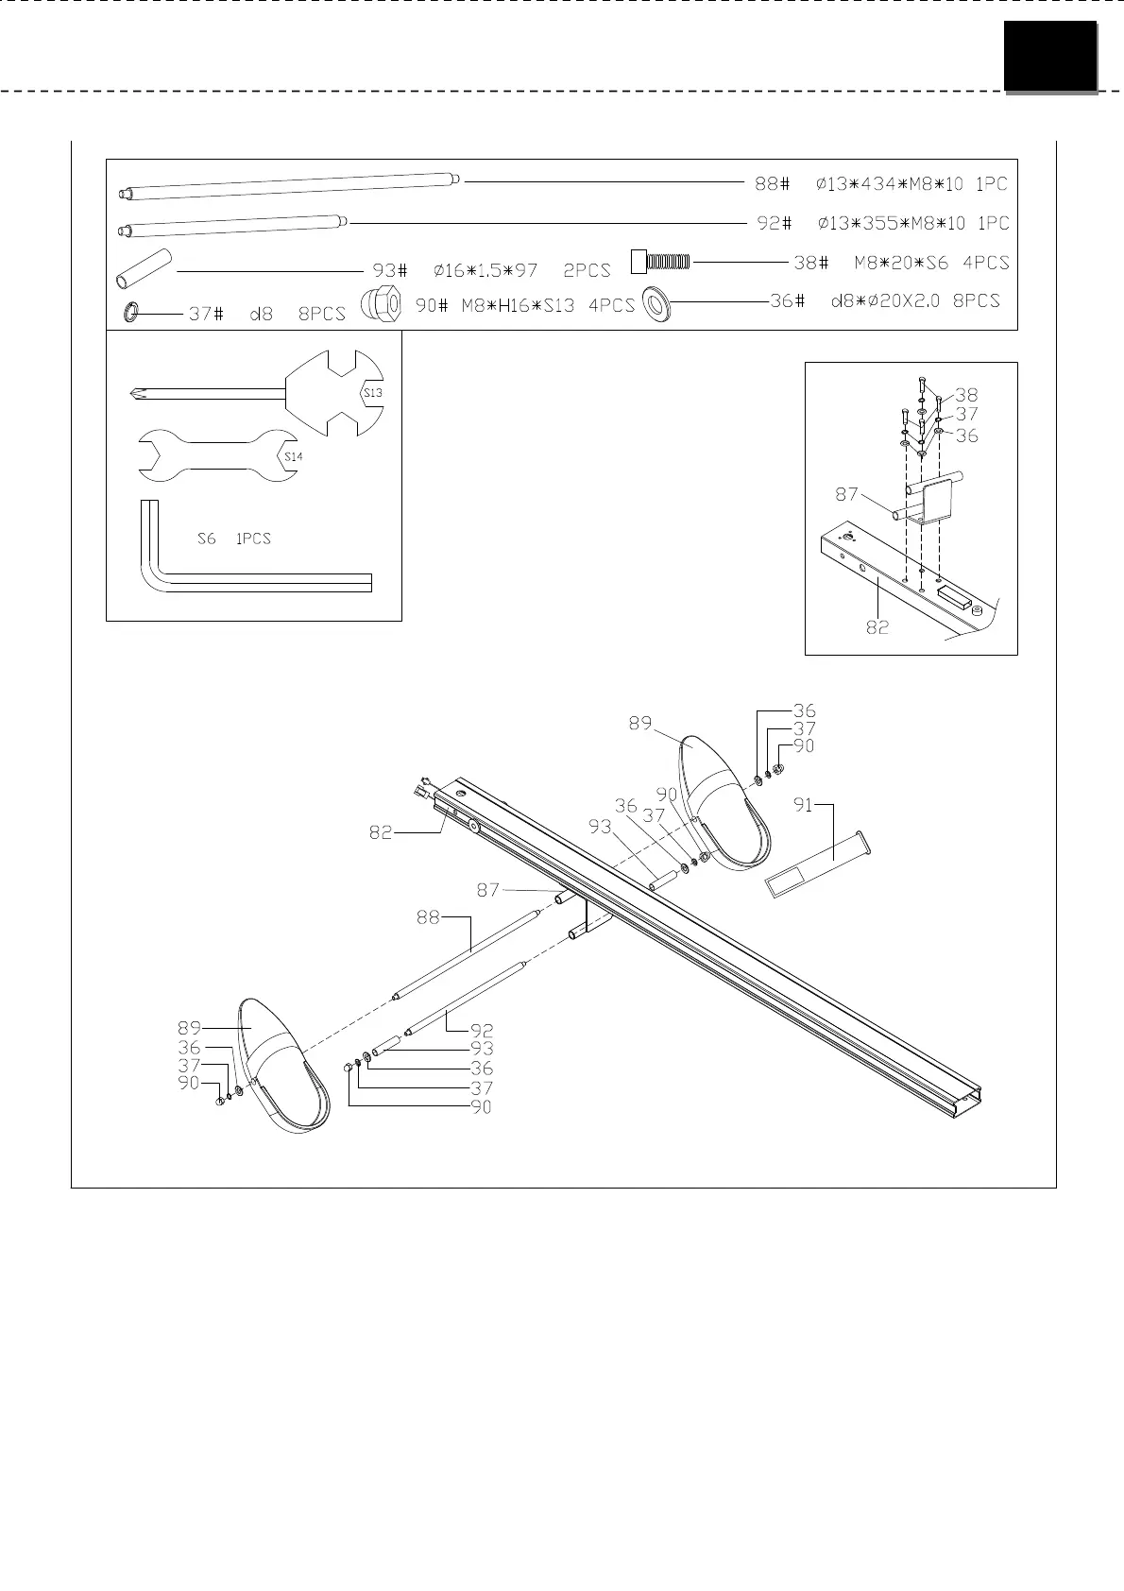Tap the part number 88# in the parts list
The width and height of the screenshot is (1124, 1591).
tap(772, 183)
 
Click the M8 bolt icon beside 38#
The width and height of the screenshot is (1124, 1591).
tap(660, 260)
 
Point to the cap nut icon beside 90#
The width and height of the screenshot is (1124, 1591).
tap(381, 303)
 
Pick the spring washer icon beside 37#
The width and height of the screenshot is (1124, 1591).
tap(131, 312)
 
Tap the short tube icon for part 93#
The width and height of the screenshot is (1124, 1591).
tap(145, 268)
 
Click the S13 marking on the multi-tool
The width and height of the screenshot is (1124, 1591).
tap(373, 392)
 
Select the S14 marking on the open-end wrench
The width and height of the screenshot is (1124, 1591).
tap(293, 457)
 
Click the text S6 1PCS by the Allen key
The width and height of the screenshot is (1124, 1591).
tap(234, 539)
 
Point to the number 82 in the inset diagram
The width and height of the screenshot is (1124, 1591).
tap(877, 626)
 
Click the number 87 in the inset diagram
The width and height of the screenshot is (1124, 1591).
tap(846, 494)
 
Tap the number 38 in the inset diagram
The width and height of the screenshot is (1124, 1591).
tap(966, 395)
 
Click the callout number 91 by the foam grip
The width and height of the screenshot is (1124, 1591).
tap(803, 805)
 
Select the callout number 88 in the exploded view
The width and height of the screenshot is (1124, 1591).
tap(428, 916)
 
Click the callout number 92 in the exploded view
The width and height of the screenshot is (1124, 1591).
tap(482, 1030)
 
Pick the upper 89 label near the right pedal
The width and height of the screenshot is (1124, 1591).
tap(640, 723)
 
